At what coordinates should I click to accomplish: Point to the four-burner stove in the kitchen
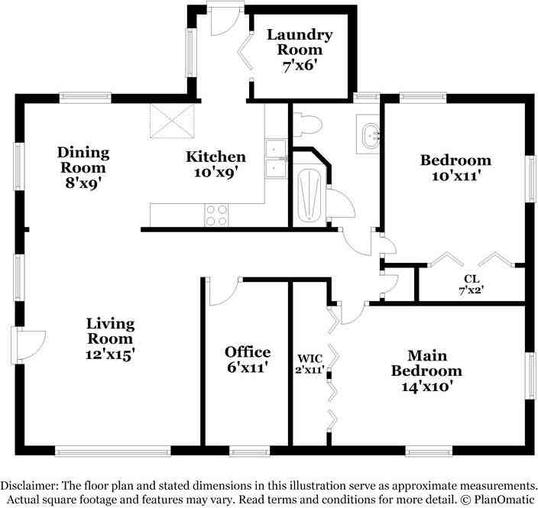pos(216,215)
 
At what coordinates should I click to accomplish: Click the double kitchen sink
pos(275,159)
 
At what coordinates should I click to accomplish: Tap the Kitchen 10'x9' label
pos(216,164)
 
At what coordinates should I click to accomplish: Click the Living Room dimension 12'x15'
pos(110,354)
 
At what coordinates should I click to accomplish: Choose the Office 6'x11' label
pos(248,359)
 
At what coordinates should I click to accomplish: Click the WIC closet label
pos(310,363)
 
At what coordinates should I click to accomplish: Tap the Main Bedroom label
pos(426,370)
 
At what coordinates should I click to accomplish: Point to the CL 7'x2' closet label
pos(472,284)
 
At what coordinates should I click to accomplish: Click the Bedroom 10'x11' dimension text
pos(455,176)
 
